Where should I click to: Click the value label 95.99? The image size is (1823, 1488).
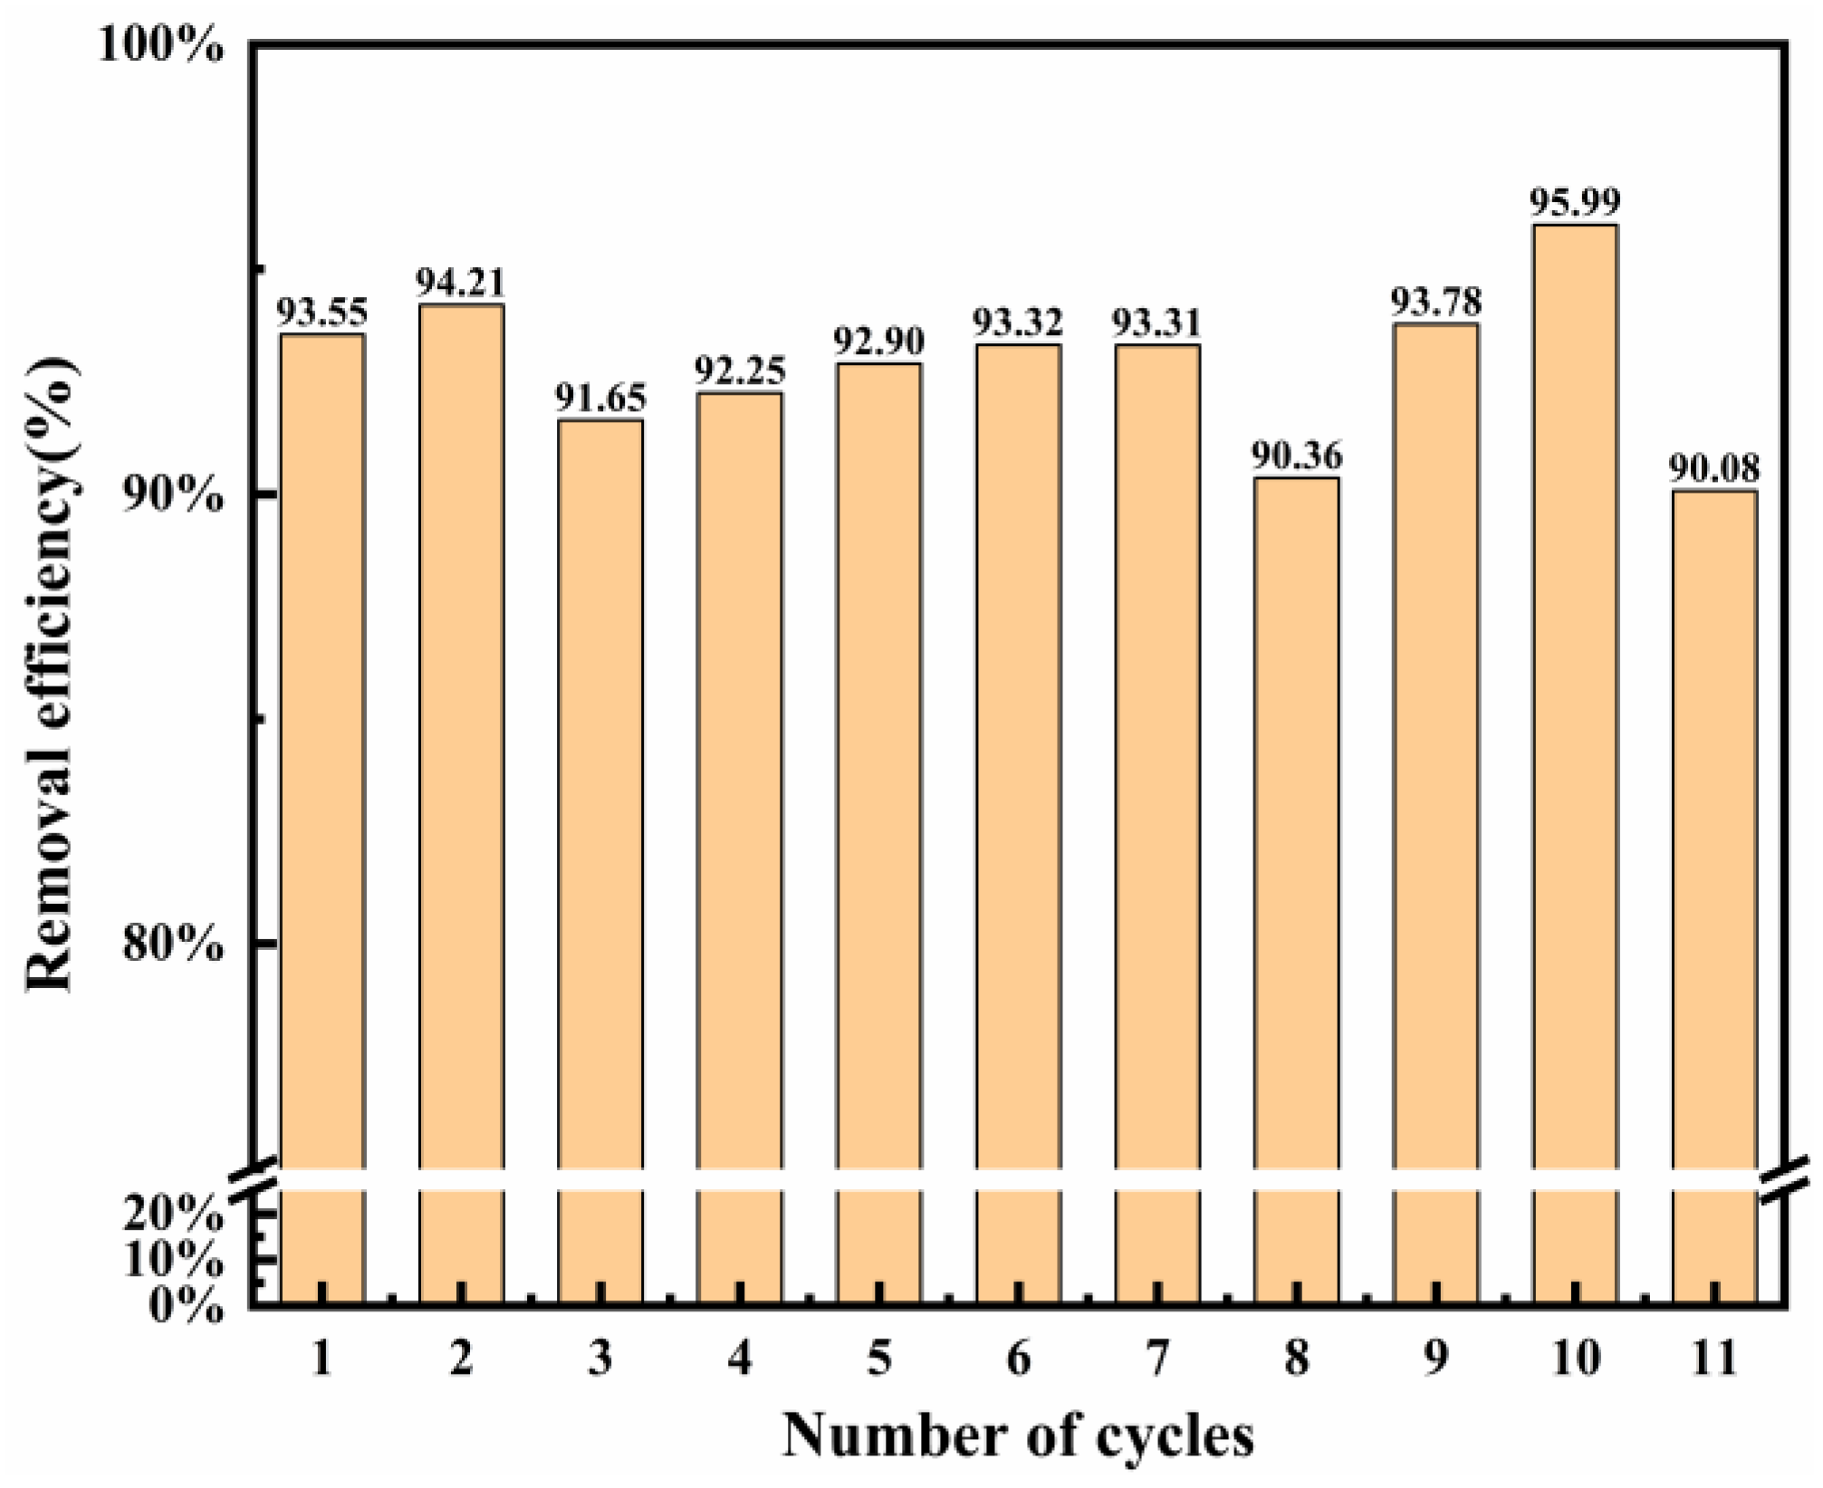(x=1574, y=201)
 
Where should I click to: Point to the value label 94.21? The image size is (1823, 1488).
(x=460, y=283)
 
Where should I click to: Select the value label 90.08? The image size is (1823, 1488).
(x=1714, y=469)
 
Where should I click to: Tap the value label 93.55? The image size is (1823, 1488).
(x=321, y=312)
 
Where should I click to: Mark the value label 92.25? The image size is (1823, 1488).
(x=740, y=370)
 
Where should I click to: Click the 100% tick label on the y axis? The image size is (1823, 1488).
(x=160, y=45)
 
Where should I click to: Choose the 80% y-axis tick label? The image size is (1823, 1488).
(x=172, y=944)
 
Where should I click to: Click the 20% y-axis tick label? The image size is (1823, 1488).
(x=172, y=1214)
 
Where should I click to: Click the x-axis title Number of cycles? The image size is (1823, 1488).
(x=1018, y=1435)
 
